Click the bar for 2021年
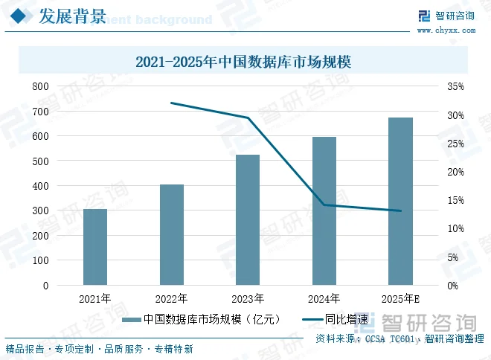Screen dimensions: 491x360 [95, 247]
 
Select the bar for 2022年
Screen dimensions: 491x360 [172, 234]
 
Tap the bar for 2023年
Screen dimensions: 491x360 [248, 219]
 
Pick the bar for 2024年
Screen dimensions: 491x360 [324, 210]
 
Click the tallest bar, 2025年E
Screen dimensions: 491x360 [400, 202]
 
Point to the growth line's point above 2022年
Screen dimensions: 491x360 [171, 103]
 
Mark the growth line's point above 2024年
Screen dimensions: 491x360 [324, 205]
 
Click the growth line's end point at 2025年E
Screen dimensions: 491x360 [400, 210]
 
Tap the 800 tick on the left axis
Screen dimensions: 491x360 [40, 86]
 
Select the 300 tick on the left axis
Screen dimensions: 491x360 [40, 210]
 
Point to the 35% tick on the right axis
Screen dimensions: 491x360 [455, 86]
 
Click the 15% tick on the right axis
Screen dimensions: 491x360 [455, 200]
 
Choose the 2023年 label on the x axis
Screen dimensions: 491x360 [248, 299]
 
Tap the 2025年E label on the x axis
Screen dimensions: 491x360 [400, 299]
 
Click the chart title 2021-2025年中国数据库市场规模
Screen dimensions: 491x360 [243, 61]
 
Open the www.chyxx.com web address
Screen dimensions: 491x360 [446, 30]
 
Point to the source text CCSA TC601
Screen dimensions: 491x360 [390, 338]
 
